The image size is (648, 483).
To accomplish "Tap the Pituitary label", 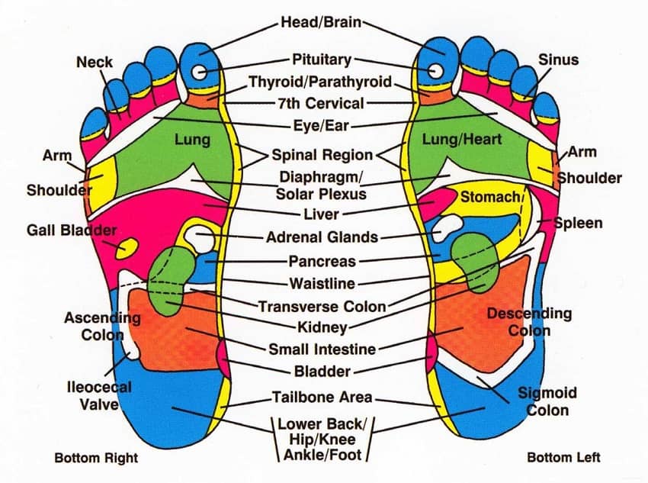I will tap(322, 59).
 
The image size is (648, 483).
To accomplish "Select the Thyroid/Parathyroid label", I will tap(320, 82).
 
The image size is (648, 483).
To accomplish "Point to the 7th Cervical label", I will tap(322, 102).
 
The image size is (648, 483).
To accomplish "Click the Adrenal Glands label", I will tap(322, 237).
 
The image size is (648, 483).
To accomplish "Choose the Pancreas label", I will tap(322, 261).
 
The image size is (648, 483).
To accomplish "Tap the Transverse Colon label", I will tap(322, 307).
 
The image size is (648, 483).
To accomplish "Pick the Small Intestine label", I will tap(322, 349).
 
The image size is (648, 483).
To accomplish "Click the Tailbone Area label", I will tap(322, 397).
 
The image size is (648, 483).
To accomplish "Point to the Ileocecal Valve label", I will tap(98, 395).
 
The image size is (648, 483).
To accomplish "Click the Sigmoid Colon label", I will tap(547, 401).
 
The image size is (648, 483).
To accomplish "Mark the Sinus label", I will tap(558, 60).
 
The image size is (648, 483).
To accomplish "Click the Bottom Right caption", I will tap(96, 458).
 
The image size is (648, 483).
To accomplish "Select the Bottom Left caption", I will tap(563, 458).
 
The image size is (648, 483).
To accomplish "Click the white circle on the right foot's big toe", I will tap(200, 72).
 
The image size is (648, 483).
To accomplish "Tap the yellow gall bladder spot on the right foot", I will tap(126, 247).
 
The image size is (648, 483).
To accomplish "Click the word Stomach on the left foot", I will tap(489, 197).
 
